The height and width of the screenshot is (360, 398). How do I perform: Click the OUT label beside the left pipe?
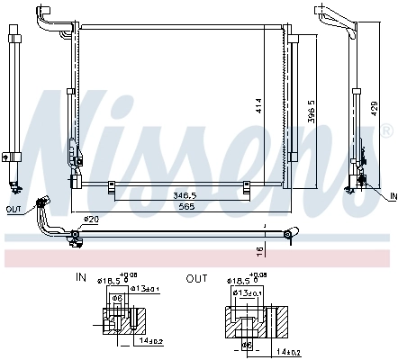[x=13, y=210]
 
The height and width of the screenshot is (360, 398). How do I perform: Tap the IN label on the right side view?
[x=392, y=195]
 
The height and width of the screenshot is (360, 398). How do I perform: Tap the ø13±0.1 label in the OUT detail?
[x=249, y=293]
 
